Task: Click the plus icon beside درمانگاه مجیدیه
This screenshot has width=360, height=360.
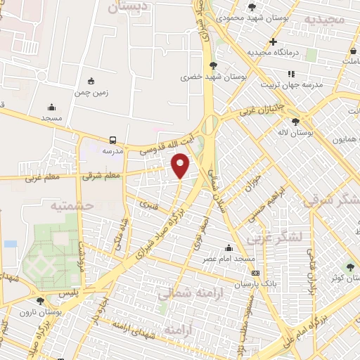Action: (x=273, y=41)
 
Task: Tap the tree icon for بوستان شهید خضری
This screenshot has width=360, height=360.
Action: (x=214, y=66)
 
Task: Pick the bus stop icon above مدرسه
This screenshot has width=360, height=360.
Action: (x=113, y=139)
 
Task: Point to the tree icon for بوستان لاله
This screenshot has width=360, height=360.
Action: (x=295, y=121)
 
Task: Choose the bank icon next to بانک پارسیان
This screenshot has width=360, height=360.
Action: (x=255, y=273)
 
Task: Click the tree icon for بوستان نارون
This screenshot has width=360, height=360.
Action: (x=40, y=300)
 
